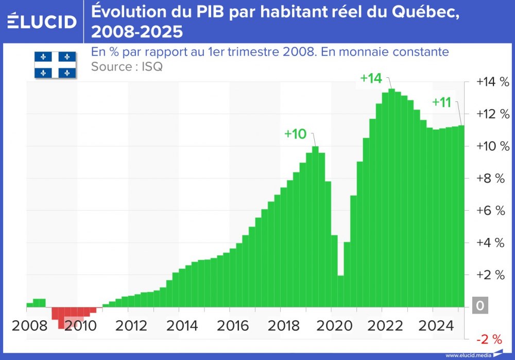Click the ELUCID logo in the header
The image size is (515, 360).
(x=42, y=21)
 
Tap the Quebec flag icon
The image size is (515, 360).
(x=55, y=65)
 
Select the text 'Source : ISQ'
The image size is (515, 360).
(x=126, y=66)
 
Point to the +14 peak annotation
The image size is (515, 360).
(x=371, y=78)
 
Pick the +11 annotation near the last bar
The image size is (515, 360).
(x=441, y=102)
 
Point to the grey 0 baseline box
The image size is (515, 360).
(x=480, y=306)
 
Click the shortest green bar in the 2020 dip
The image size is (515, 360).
(x=340, y=291)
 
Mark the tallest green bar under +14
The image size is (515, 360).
(x=391, y=198)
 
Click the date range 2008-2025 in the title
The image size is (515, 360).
(x=136, y=32)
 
